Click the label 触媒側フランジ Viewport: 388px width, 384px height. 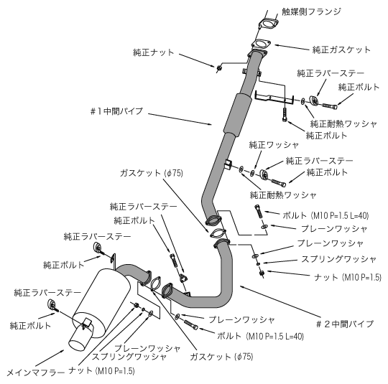coord(312,11)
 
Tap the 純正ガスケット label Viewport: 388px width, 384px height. coord(341,50)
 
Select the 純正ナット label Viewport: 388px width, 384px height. coord(154,52)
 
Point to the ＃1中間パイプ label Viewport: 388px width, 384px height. coord(117,111)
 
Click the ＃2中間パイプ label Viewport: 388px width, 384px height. coord(345,324)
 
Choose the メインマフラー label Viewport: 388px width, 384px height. coord(36,372)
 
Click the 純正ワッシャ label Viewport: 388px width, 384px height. coord(274,145)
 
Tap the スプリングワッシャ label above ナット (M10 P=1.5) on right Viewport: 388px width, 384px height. coord(338,259)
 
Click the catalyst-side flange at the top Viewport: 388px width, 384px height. coord(268,24)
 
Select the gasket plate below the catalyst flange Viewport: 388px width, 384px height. coord(261,45)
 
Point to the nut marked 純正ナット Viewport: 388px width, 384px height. coord(219,67)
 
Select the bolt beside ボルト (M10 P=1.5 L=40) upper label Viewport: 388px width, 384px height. coord(258,212)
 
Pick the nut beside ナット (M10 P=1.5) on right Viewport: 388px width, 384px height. coord(262,273)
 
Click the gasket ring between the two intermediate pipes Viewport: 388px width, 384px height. coord(218,233)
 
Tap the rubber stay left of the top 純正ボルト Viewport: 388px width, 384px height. coord(314,100)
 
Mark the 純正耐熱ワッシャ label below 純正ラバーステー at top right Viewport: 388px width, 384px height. coord(343,123)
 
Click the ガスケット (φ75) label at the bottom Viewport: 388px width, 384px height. coord(222,357)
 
